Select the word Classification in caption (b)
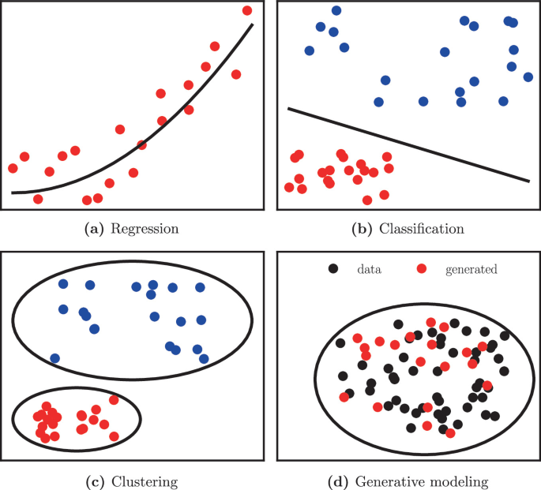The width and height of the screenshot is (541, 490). point(421,230)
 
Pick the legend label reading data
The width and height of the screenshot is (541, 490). point(369,269)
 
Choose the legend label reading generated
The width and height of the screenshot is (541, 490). point(471,269)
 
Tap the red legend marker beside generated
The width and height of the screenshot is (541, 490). point(422,269)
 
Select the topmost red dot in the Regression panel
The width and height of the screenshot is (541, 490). point(247,10)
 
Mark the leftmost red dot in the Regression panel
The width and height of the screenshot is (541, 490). point(13,168)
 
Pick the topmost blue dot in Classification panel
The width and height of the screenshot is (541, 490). point(336,10)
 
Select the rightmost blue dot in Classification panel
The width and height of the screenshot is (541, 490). point(528,77)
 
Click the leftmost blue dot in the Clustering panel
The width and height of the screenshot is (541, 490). point(54,358)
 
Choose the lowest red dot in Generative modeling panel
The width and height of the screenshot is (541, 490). point(450,433)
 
